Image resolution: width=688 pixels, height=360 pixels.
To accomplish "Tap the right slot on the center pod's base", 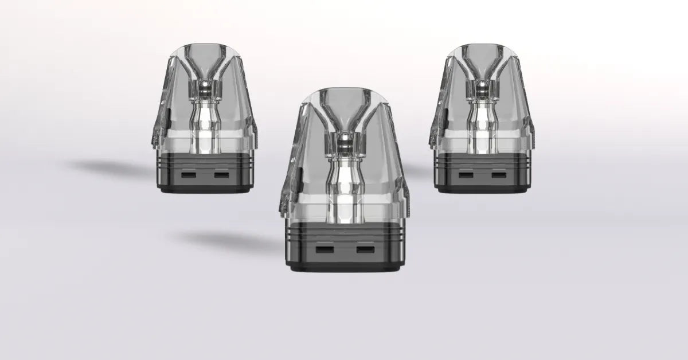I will click(364, 249).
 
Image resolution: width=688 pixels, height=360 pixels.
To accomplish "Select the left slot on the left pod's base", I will click(188, 175).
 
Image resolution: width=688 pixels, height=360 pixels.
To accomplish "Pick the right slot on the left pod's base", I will click(221, 175).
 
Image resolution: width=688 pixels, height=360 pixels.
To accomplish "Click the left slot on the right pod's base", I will click(465, 175).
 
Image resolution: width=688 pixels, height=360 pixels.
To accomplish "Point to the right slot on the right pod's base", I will click(498, 175).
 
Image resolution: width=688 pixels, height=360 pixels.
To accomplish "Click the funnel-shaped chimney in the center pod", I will click(344, 118).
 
